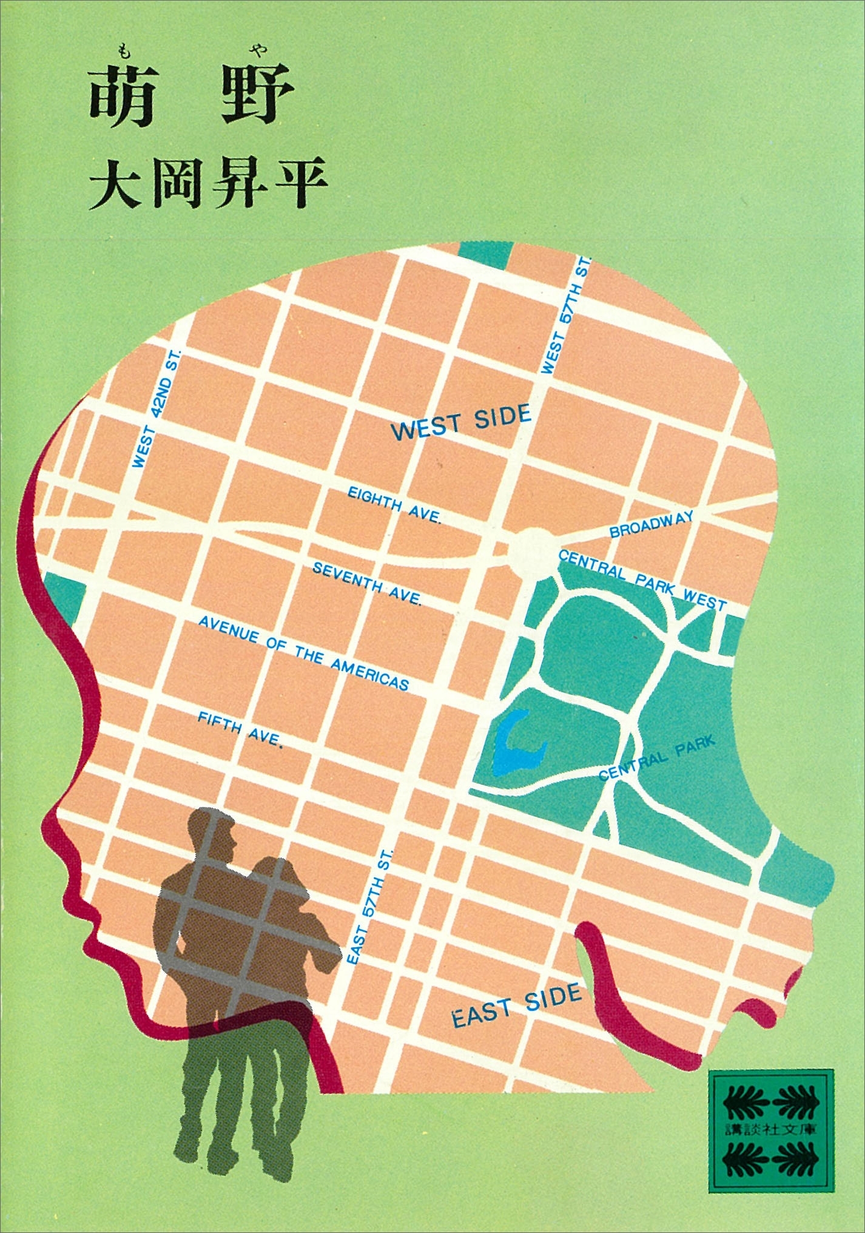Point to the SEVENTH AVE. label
click(367, 583)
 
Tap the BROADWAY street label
click(651, 524)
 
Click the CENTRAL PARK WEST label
click(642, 579)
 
